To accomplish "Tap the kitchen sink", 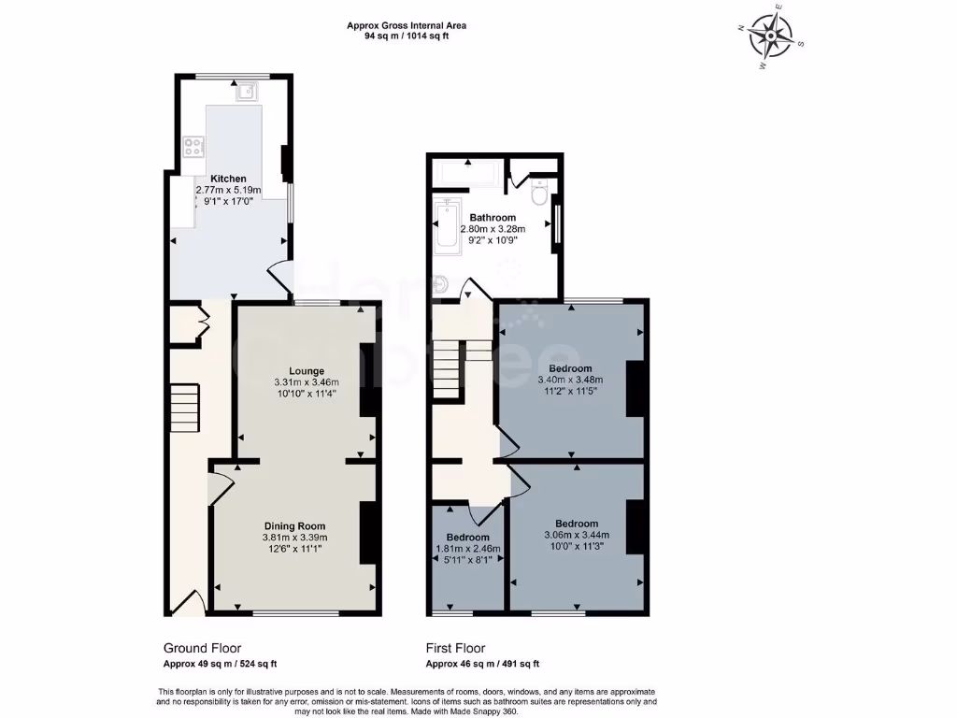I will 247,91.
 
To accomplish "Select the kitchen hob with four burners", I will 194,146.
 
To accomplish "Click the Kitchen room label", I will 228,179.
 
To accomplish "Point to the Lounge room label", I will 306,369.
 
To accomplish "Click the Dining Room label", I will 294,525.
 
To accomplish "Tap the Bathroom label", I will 493,218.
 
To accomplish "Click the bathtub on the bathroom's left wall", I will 448,226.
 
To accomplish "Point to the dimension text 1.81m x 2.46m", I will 467,549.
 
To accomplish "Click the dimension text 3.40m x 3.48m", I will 570,380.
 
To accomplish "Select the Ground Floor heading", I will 202,648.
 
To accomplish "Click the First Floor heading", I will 455,648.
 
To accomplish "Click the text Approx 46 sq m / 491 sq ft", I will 482,664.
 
